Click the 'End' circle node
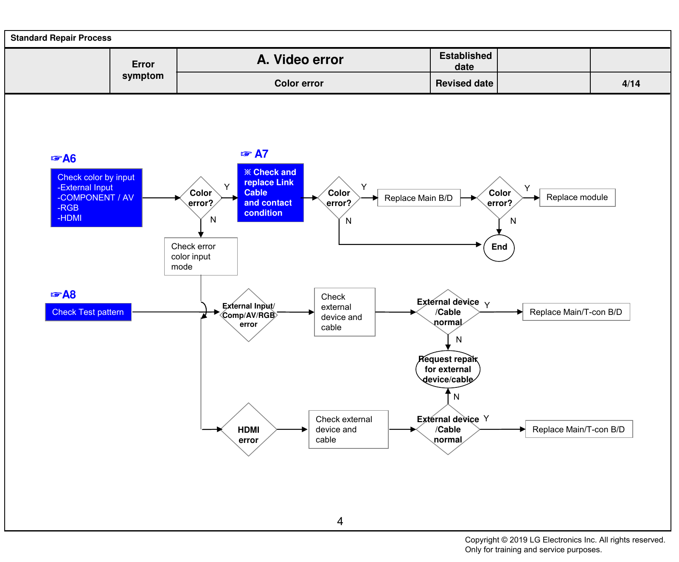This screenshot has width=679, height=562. tap(499, 248)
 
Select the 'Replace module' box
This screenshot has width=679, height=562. tap(577, 198)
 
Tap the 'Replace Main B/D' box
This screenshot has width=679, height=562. tap(419, 198)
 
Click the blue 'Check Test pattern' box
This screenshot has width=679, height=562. tap(88, 312)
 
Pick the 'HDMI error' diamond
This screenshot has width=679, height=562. tap(249, 429)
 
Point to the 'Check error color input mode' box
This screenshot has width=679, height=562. tap(201, 256)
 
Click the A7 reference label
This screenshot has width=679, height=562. tap(255, 154)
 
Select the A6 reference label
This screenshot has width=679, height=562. tap(63, 159)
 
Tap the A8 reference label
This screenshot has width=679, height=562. tap(63, 295)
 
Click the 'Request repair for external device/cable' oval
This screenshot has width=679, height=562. tap(448, 369)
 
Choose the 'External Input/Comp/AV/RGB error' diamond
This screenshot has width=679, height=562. tap(249, 315)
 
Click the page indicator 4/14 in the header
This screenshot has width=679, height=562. tap(631, 83)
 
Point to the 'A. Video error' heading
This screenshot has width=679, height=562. tap(300, 60)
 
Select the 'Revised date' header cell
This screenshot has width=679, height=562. tap(464, 83)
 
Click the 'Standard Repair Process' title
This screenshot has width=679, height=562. tap(61, 38)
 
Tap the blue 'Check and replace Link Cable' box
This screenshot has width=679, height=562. tap(270, 192)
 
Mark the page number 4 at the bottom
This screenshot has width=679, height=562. tap(340, 521)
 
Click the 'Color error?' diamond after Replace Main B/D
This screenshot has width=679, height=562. tap(500, 198)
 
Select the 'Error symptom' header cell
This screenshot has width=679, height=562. tap(143, 70)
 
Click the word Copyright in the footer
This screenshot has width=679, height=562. tap(482, 540)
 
